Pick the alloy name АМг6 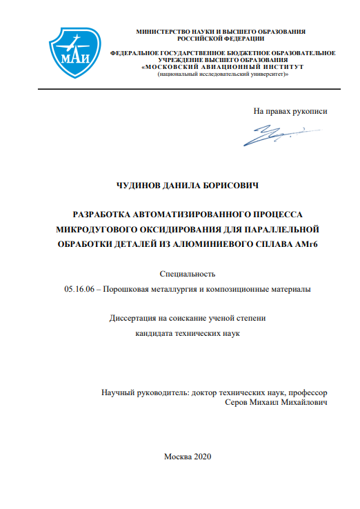tap(312, 245)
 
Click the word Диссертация tap(134, 319)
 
